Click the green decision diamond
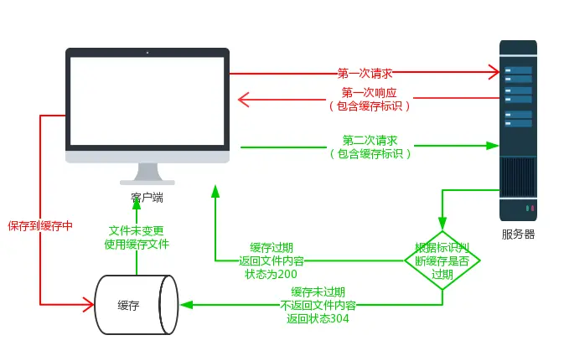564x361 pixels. coord(442,260)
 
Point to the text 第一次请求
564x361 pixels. coord(365,73)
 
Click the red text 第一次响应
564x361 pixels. coord(370,92)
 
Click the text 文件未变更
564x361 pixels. coord(137,230)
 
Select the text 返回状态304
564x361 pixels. coord(318,318)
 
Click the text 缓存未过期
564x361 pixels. coord(318,291)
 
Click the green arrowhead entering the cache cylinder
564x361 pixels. coord(185,305)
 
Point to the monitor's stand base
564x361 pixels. coord(147,181)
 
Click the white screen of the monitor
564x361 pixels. coord(147,101)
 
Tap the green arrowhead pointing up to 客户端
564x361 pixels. coord(215,192)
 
